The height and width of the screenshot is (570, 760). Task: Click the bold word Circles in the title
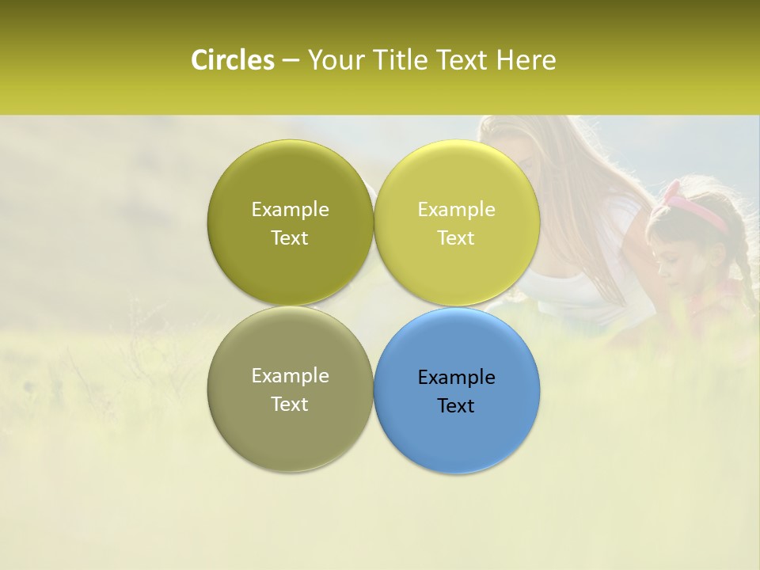(x=232, y=60)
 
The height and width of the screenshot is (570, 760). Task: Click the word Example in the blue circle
(x=457, y=378)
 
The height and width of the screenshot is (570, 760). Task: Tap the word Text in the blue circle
(x=456, y=406)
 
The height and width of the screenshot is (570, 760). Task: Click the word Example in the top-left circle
(x=291, y=210)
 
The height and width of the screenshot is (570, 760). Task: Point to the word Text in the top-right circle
(x=456, y=238)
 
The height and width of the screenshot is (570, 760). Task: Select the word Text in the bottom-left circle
(x=290, y=405)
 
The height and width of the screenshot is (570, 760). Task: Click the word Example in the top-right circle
(x=457, y=210)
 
